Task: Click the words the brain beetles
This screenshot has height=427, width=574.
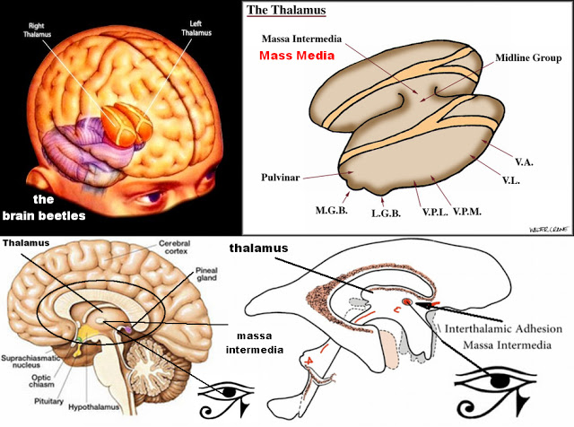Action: [44, 207]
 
